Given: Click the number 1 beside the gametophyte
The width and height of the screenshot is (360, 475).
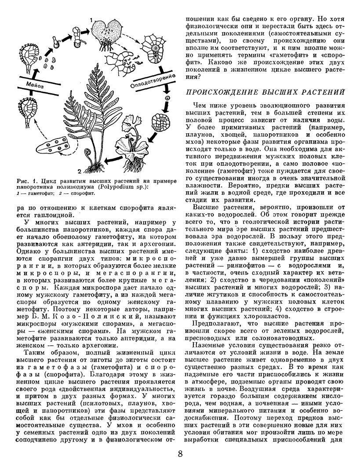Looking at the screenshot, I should [90, 20].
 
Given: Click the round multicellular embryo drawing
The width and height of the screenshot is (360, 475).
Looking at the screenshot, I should [159, 121].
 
